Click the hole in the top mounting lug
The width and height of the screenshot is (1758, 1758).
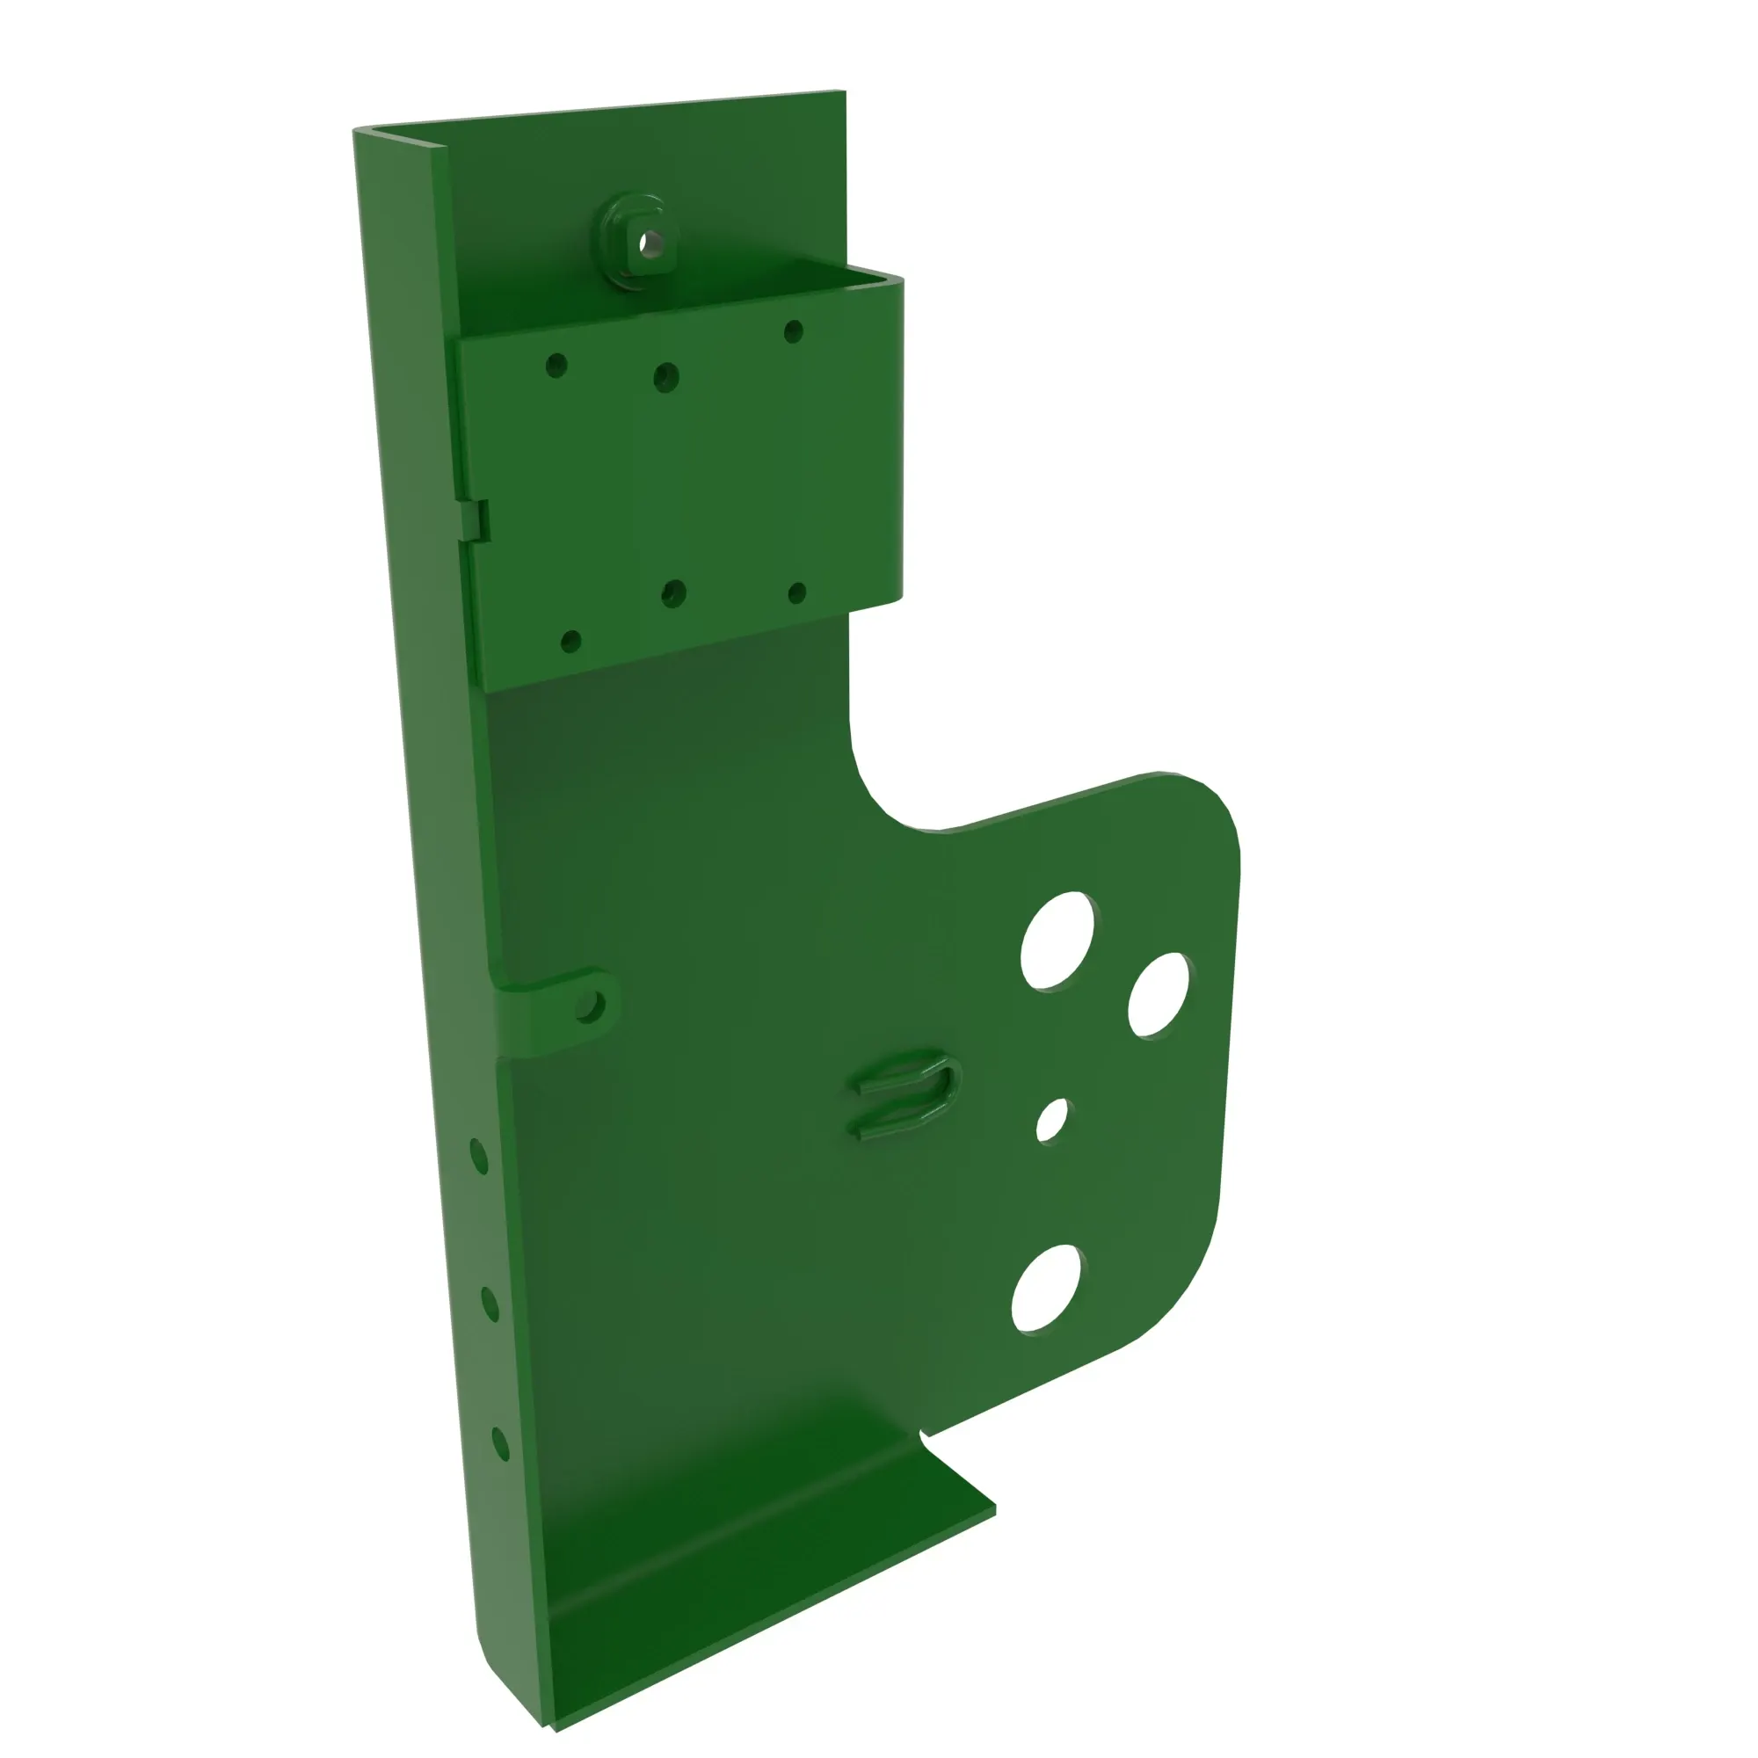point(650,243)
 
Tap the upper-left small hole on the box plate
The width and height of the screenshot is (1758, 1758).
point(556,366)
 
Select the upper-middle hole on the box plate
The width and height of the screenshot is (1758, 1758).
point(666,376)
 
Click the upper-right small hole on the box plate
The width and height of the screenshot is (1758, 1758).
point(793,331)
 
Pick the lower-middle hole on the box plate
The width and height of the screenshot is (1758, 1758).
point(673,594)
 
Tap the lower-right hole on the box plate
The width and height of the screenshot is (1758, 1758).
point(796,594)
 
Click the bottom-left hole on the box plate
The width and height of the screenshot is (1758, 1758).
point(570,642)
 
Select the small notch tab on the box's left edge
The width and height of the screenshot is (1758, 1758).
point(479,521)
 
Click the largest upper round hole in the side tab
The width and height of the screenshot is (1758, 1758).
point(1057,941)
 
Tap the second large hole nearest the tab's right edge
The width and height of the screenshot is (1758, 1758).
point(1158,994)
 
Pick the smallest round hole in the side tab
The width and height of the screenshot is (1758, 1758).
point(1052,1120)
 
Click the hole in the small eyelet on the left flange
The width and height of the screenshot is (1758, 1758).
point(589,1006)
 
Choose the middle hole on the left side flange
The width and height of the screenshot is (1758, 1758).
point(490,1304)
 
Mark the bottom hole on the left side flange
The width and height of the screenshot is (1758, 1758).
point(499,1444)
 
